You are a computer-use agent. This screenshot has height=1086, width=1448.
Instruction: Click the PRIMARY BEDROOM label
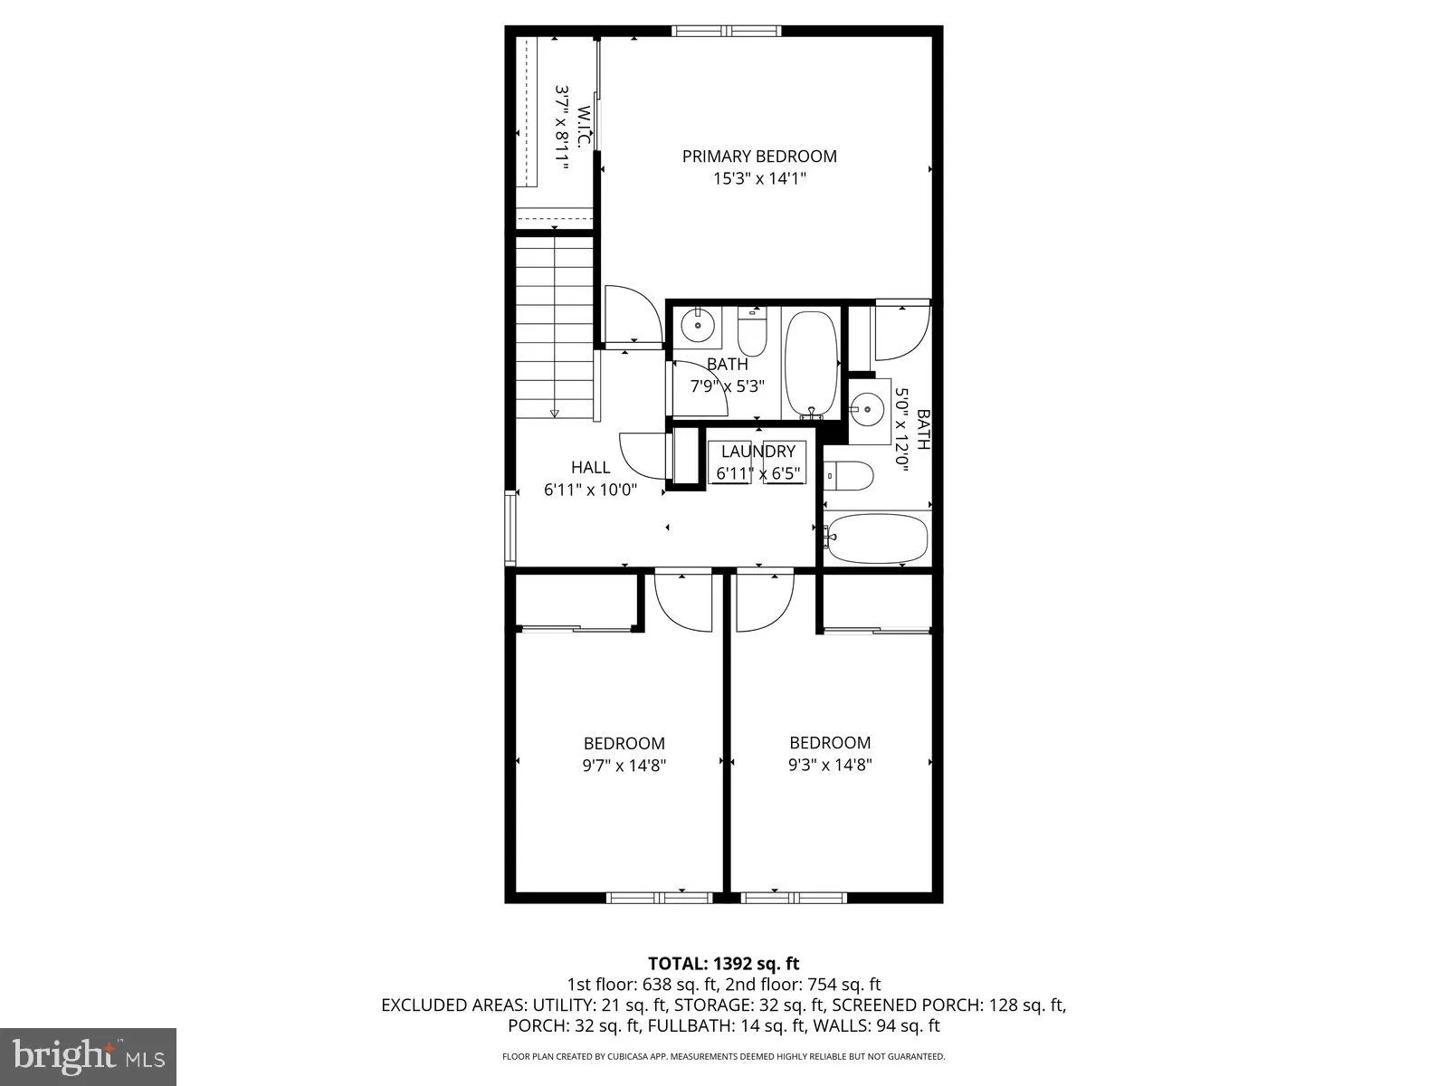tap(759, 156)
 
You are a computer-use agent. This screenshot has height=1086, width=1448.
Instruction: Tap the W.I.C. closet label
tap(585, 127)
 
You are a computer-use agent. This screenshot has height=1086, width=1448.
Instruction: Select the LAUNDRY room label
tap(757, 451)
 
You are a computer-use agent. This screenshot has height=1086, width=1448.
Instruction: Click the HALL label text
tap(590, 467)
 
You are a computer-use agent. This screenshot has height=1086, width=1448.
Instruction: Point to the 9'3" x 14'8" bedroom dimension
tap(830, 765)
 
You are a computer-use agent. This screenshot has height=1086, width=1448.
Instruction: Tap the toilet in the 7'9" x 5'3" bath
tap(752, 333)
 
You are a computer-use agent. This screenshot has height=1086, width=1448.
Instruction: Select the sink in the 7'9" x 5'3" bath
tap(698, 323)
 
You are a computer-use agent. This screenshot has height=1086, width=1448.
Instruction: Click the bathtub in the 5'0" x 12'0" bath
tap(877, 538)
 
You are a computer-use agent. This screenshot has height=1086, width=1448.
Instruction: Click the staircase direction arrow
tap(555, 413)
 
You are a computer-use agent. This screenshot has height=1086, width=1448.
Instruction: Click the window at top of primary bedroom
tap(727, 32)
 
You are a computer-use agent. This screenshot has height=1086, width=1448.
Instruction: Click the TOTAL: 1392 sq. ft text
tap(723, 963)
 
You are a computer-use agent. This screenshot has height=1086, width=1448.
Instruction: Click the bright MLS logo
tap(89, 1054)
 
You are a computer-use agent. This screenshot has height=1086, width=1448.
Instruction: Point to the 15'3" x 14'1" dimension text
tap(759, 179)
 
